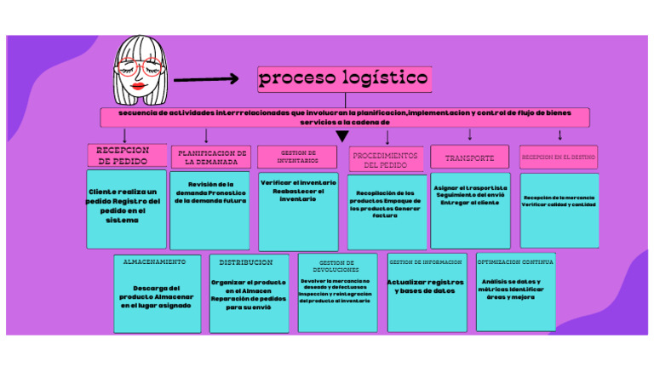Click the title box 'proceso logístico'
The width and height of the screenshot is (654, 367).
pos(344,79)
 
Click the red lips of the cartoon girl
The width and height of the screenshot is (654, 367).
pos(138,85)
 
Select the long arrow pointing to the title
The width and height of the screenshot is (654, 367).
pos(206,80)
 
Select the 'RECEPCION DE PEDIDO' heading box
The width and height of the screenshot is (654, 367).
pos(124,155)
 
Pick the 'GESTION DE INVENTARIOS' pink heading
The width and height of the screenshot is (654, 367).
pos(297,157)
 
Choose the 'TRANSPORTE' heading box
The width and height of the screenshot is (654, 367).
pos(469,158)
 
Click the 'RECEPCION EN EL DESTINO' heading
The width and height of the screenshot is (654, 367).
pos(559,158)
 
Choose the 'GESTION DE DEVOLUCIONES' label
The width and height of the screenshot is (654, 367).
pos(336,266)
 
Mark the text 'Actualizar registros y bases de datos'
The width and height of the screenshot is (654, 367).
pos(426,286)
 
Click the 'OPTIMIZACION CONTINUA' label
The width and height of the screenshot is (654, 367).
pos(515,262)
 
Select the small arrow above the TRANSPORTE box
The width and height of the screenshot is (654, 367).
pos(470,135)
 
